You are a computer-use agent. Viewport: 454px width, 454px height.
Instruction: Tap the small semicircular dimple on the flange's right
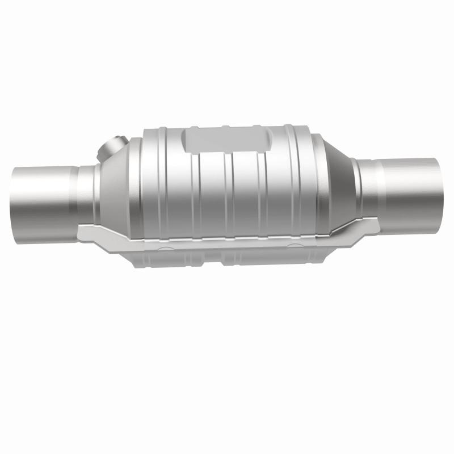(x=296, y=245)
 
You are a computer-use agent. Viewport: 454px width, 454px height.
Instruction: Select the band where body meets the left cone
(x=133, y=182)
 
